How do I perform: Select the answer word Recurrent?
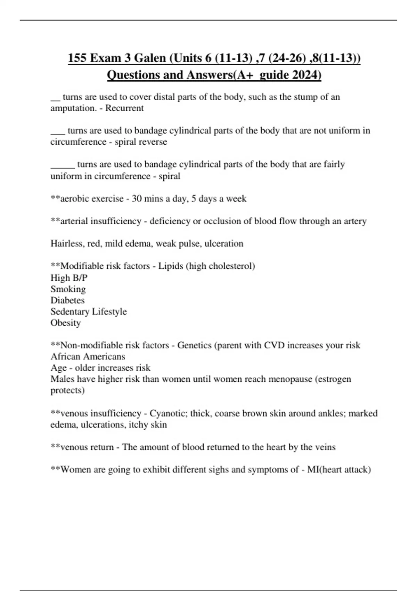click(x=124, y=108)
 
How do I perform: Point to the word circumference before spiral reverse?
click(x=78, y=142)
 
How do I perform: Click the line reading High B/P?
click(x=69, y=278)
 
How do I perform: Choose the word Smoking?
click(x=68, y=289)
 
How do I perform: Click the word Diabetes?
click(x=67, y=300)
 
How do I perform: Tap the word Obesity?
click(x=66, y=323)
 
